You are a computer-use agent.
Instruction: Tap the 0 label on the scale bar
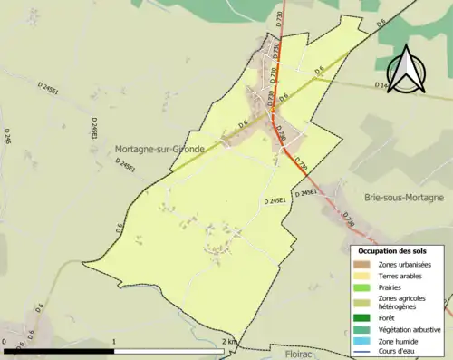click(x=5, y=342)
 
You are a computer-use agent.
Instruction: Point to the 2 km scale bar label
click(x=230, y=342)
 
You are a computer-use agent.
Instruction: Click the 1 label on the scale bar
click(x=113, y=342)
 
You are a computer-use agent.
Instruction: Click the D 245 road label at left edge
click(x=7, y=137)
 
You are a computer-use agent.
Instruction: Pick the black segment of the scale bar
click(x=59, y=350)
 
